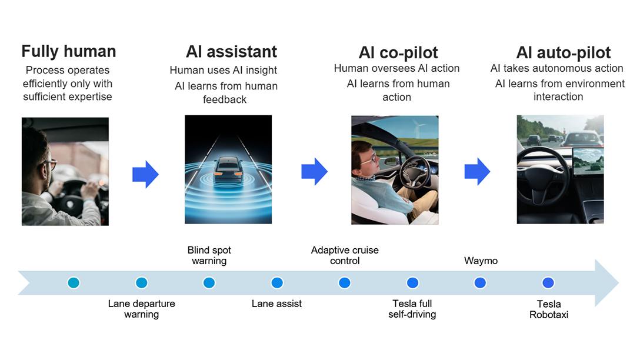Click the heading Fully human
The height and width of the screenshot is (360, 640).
point(69,51)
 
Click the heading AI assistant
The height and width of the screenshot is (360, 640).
point(231,52)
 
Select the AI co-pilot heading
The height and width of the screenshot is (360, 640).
point(398,52)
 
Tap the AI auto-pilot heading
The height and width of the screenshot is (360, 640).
point(563,52)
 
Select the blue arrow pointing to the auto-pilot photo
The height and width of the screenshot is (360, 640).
point(477,171)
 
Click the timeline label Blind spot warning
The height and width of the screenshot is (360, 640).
point(209,255)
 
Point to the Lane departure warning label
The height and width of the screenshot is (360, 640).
point(141,309)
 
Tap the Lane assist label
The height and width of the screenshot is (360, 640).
point(276,304)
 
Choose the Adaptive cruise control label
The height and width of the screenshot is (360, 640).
point(345,255)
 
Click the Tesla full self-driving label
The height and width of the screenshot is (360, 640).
point(412,309)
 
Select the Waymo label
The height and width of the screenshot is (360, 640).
point(481,261)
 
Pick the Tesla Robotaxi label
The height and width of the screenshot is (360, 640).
point(548,309)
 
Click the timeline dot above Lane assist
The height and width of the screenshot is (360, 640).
point(277,283)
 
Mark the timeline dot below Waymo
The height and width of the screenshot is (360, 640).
point(480,283)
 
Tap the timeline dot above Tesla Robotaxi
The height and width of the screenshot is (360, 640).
point(548,283)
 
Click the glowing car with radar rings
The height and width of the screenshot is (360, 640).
point(228,171)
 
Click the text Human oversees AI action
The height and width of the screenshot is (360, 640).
point(396,68)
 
